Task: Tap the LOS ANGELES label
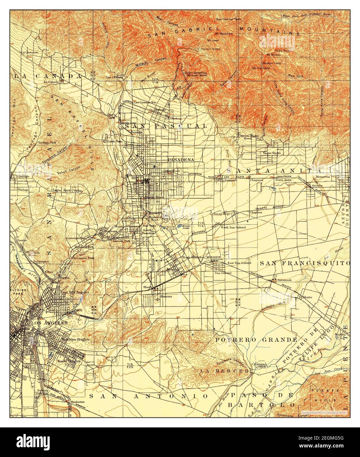click(x=49, y=323)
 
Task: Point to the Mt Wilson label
click(x=273, y=55)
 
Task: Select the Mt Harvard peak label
click(x=261, y=68)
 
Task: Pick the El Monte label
click(x=305, y=297)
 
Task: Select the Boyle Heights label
click(x=69, y=361)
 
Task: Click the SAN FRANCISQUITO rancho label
click(x=304, y=263)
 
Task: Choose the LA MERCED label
click(x=225, y=371)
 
